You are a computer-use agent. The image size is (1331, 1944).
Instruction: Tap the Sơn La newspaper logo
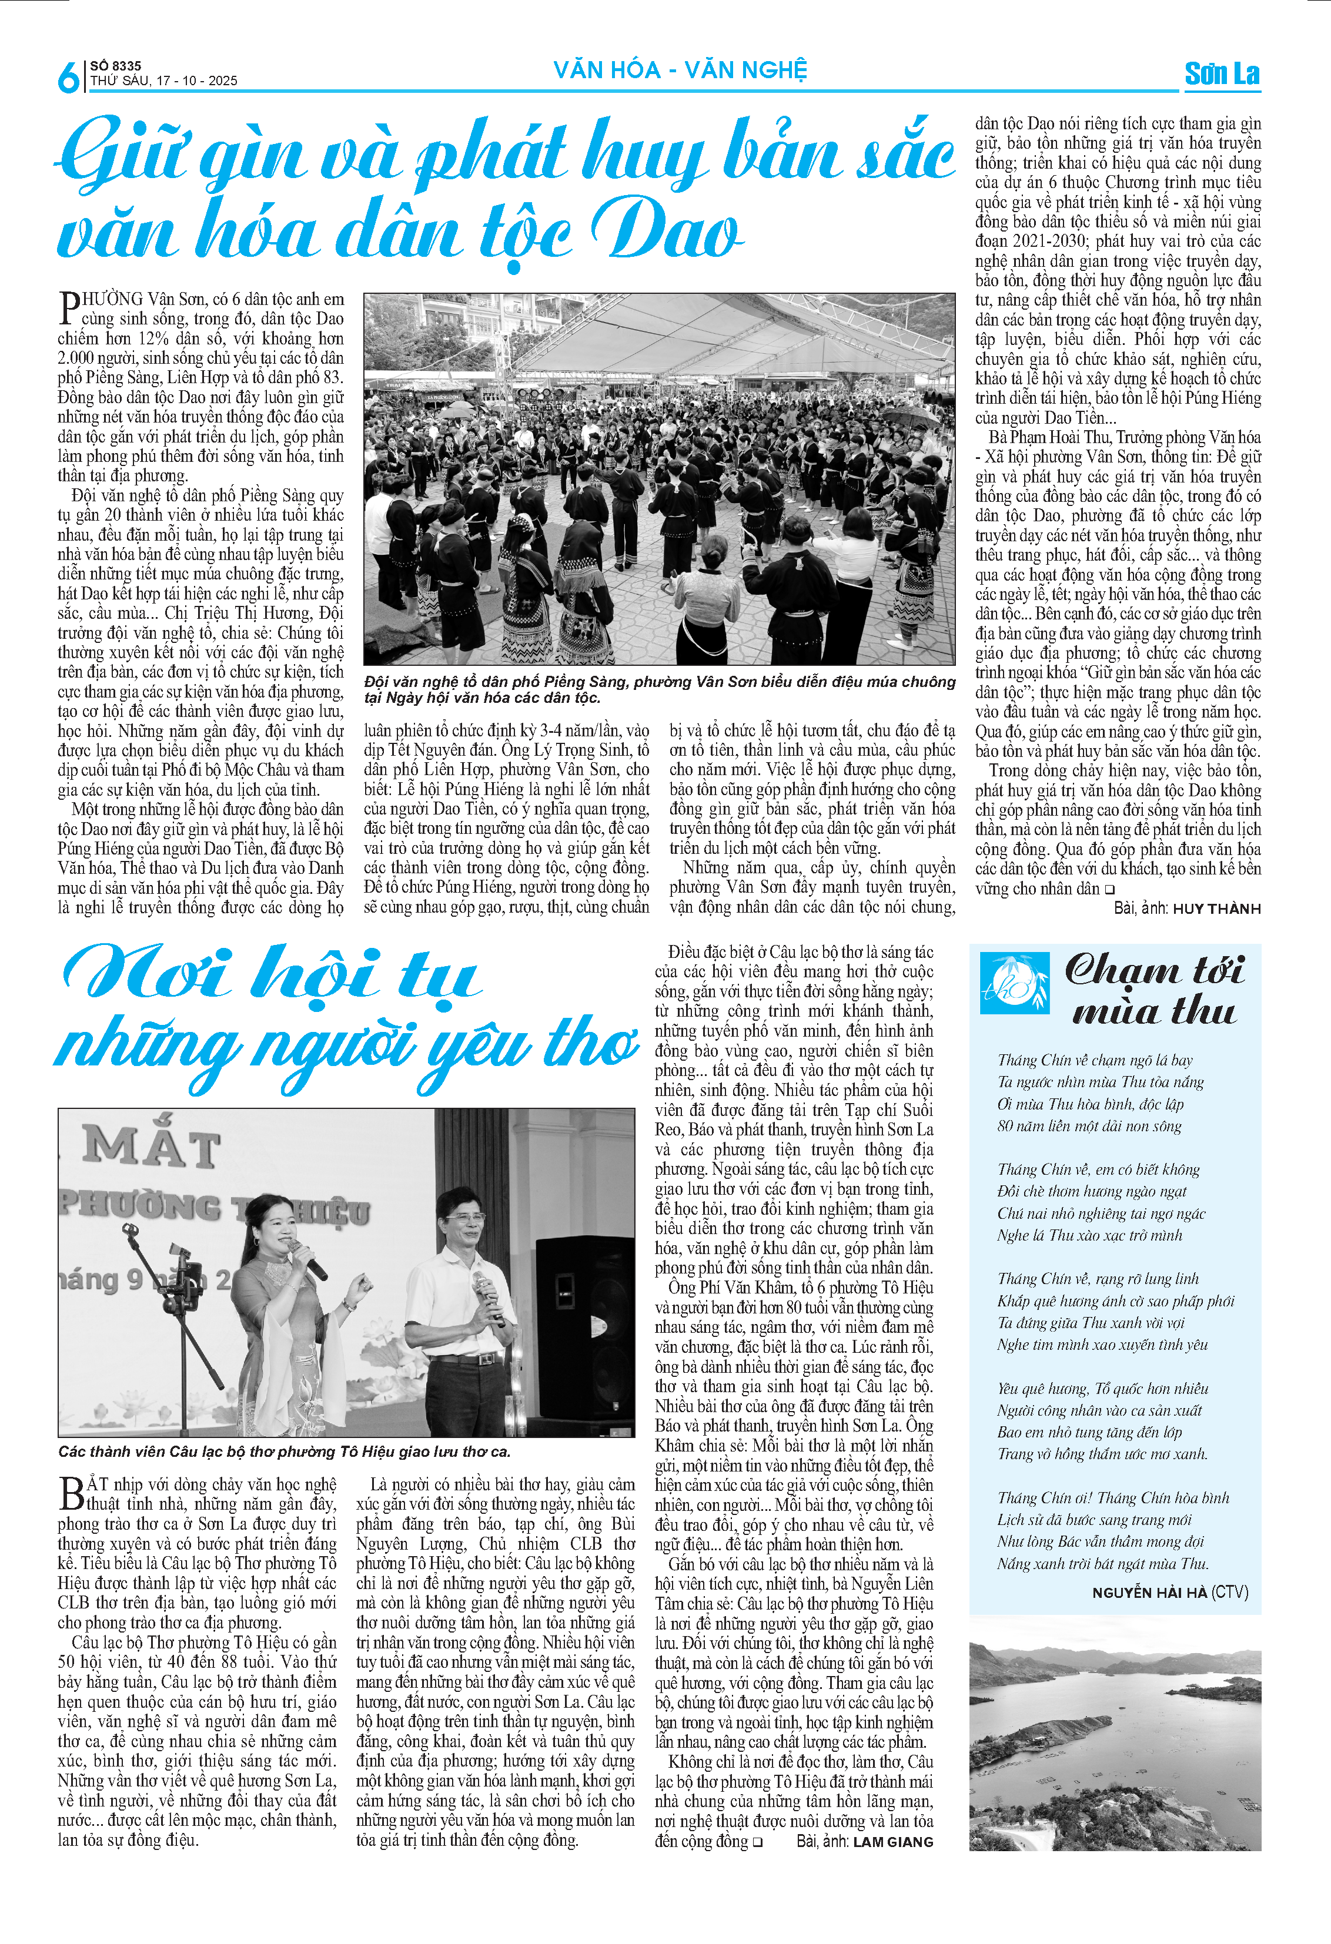point(1222,73)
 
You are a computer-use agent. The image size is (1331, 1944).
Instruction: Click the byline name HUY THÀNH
point(1216,909)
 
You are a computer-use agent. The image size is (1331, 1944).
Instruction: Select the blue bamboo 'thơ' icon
point(1014,983)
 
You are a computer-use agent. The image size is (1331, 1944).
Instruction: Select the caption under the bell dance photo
point(658,689)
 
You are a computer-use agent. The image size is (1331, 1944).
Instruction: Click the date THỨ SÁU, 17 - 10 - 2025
point(164,81)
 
